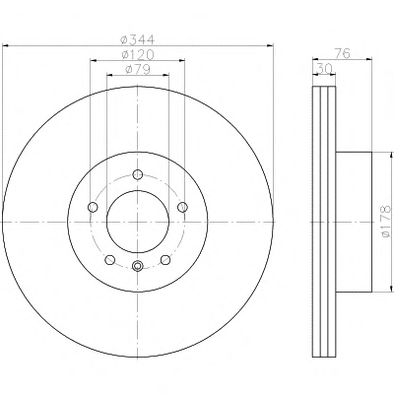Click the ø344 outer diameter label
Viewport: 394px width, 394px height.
click(x=137, y=40)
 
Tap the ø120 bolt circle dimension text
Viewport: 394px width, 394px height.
click(x=137, y=54)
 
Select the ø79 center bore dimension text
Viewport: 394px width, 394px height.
click(x=138, y=69)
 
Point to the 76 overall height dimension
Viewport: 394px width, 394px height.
click(x=342, y=53)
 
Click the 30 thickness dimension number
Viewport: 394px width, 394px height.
click(x=324, y=69)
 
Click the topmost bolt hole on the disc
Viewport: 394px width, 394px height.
click(x=138, y=174)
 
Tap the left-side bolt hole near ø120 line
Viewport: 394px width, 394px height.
click(x=93, y=207)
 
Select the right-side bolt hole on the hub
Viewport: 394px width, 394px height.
click(x=182, y=207)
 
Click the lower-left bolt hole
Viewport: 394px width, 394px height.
click(x=110, y=260)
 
